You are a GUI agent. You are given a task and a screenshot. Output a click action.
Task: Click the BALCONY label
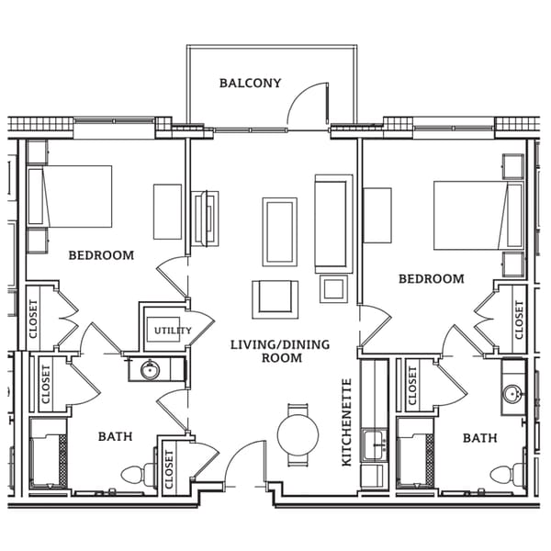250,84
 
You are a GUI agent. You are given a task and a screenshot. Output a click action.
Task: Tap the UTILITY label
173,331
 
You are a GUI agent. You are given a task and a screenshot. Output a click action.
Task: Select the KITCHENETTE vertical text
347,422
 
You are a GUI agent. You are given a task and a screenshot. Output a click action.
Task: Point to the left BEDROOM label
101,255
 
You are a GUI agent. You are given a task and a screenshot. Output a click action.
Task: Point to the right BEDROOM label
431,278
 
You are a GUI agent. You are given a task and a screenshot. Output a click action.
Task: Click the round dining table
298,435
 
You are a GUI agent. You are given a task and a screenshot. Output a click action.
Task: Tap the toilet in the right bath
506,475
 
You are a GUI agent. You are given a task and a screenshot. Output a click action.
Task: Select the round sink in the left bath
150,370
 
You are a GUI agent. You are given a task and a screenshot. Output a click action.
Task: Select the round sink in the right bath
513,396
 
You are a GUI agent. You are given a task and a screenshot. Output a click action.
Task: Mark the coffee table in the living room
279,231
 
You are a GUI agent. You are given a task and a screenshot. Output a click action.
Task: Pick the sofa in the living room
333,223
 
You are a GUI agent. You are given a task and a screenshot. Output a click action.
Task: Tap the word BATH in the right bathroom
479,438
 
